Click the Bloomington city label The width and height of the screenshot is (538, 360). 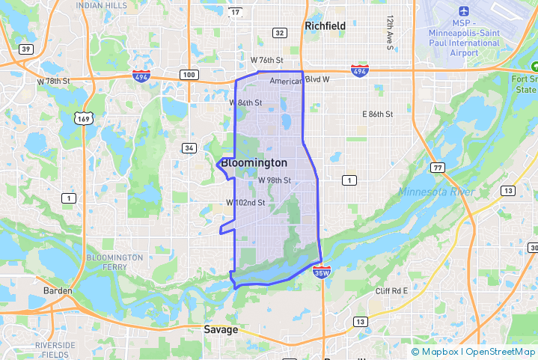[254, 163]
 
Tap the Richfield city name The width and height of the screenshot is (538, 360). [325, 25]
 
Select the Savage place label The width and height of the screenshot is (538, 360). [221, 329]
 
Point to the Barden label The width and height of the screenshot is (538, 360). [58, 290]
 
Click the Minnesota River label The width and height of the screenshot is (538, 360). [436, 192]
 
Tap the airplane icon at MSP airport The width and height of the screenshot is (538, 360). [464, 12]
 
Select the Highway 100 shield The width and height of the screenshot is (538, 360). [189, 74]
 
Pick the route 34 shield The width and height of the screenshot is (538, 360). [189, 147]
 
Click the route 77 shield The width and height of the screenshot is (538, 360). [437, 168]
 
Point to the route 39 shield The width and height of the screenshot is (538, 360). [26, 49]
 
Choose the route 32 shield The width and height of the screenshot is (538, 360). [279, 33]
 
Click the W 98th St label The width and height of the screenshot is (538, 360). [274, 180]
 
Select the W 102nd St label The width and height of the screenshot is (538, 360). [246, 203]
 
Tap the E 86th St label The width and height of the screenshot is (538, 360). [377, 115]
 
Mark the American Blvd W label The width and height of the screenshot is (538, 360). [294, 82]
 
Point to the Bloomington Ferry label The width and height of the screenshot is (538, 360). [114, 262]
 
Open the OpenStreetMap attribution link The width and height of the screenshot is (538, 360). [501, 352]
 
